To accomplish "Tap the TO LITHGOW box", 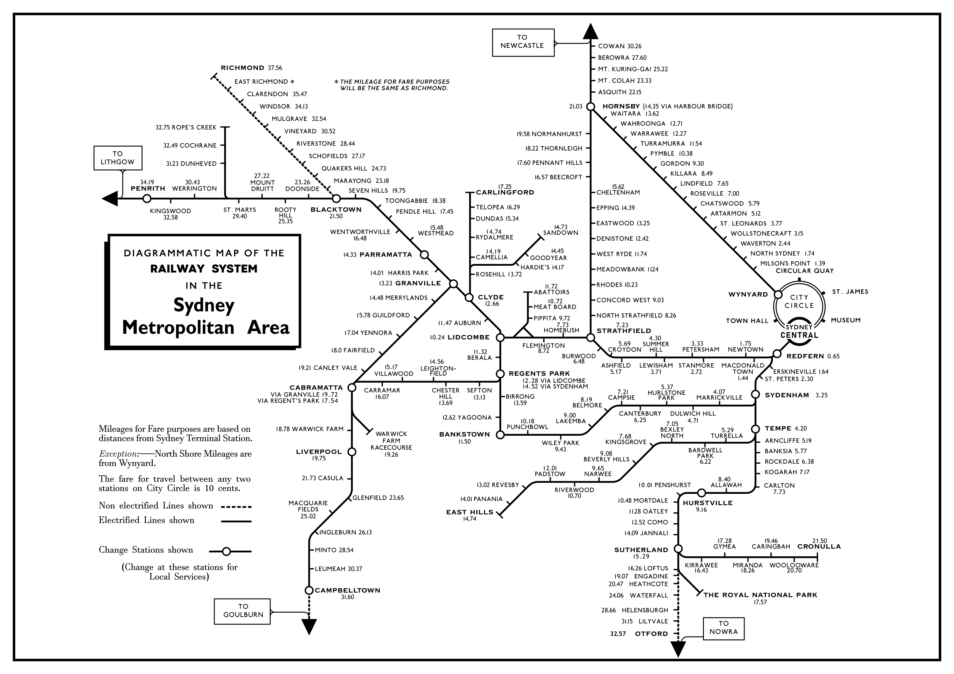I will (x=117, y=158).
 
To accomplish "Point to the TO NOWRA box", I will (x=723, y=629).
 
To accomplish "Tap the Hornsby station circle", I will (x=590, y=107).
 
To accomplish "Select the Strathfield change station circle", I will (x=590, y=338).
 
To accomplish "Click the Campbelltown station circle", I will (x=309, y=590).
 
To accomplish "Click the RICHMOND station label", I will (x=242, y=68).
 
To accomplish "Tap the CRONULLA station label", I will (x=819, y=547).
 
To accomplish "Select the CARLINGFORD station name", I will (x=505, y=192).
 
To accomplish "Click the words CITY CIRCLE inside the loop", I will (x=799, y=301).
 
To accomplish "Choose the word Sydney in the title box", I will (x=204, y=305).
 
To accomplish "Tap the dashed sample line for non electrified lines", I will (x=236, y=507).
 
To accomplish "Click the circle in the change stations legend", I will (x=226, y=551).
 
